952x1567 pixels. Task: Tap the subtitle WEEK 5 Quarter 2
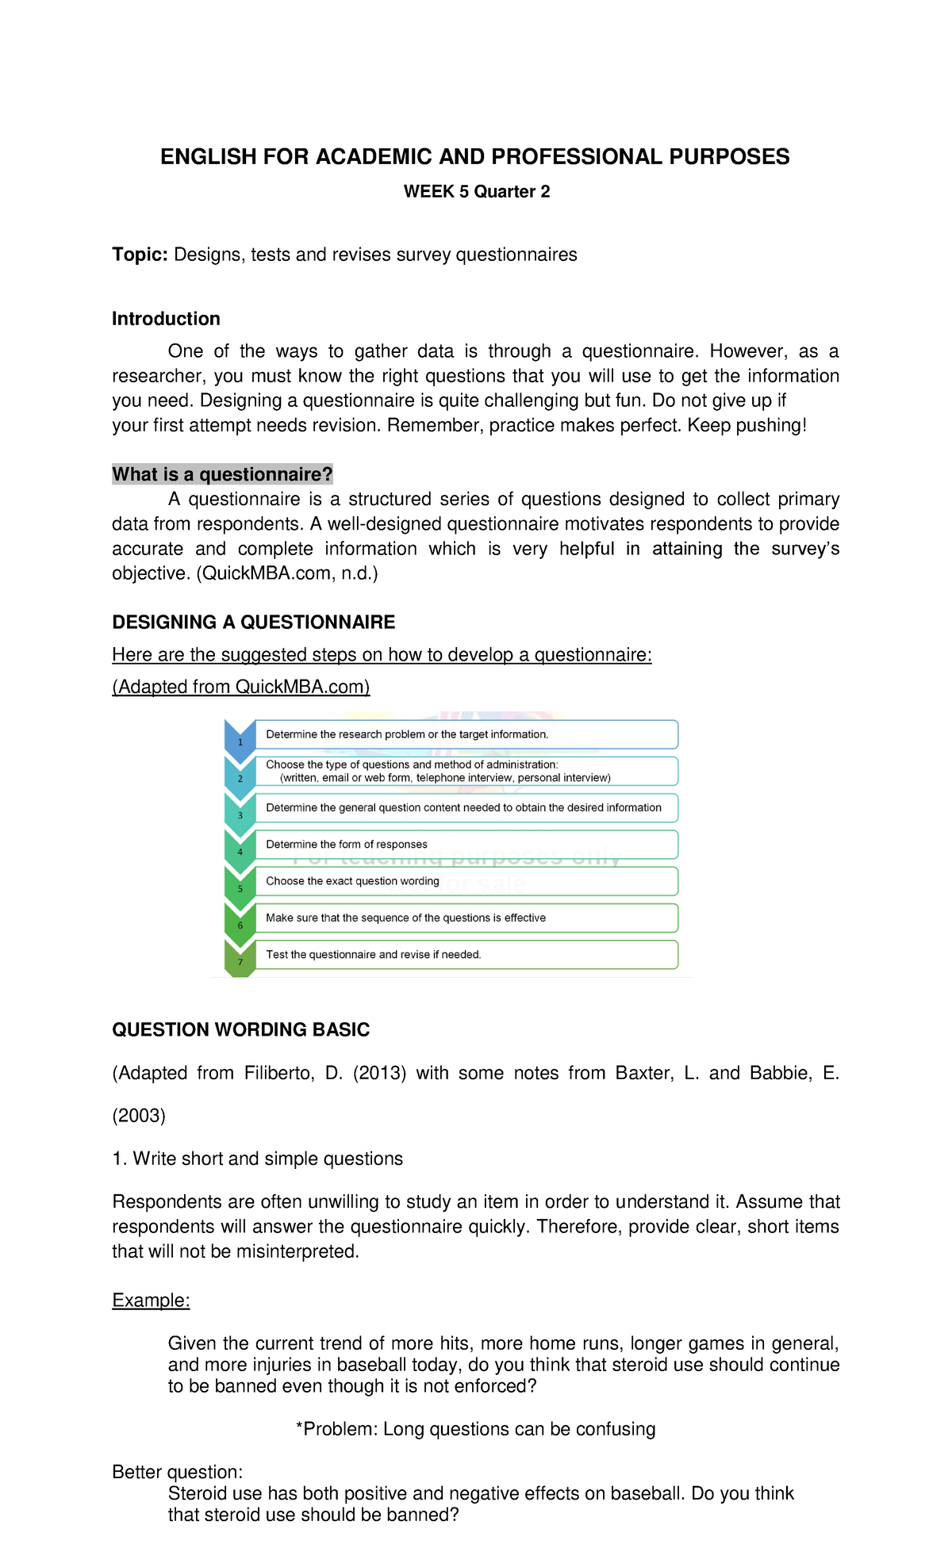click(x=476, y=192)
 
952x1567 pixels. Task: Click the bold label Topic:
click(x=140, y=255)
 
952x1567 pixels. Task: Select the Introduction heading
click(x=166, y=319)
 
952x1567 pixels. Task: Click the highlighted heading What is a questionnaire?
click(x=222, y=474)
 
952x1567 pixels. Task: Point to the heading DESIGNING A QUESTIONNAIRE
click(x=253, y=623)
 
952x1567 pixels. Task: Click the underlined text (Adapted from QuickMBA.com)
click(x=240, y=687)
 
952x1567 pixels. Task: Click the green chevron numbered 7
click(x=240, y=960)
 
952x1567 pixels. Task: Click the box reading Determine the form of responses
click(x=466, y=845)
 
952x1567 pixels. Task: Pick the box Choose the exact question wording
click(x=466, y=881)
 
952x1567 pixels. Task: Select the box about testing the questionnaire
click(x=466, y=955)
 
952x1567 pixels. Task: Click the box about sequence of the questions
click(x=466, y=918)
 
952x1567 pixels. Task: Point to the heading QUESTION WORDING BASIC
click(x=240, y=1030)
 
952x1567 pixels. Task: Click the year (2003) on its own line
click(x=139, y=1116)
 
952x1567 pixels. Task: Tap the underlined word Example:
click(x=151, y=1301)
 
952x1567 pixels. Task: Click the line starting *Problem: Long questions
click(x=475, y=1429)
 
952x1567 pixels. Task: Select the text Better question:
click(x=177, y=1472)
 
